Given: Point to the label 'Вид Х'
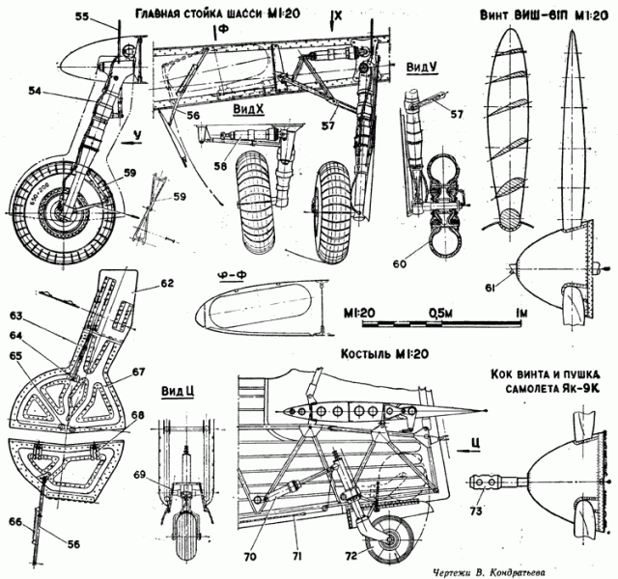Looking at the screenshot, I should point(248,110).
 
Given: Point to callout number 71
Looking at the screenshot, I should point(297,554).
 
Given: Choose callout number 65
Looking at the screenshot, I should point(15,356).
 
